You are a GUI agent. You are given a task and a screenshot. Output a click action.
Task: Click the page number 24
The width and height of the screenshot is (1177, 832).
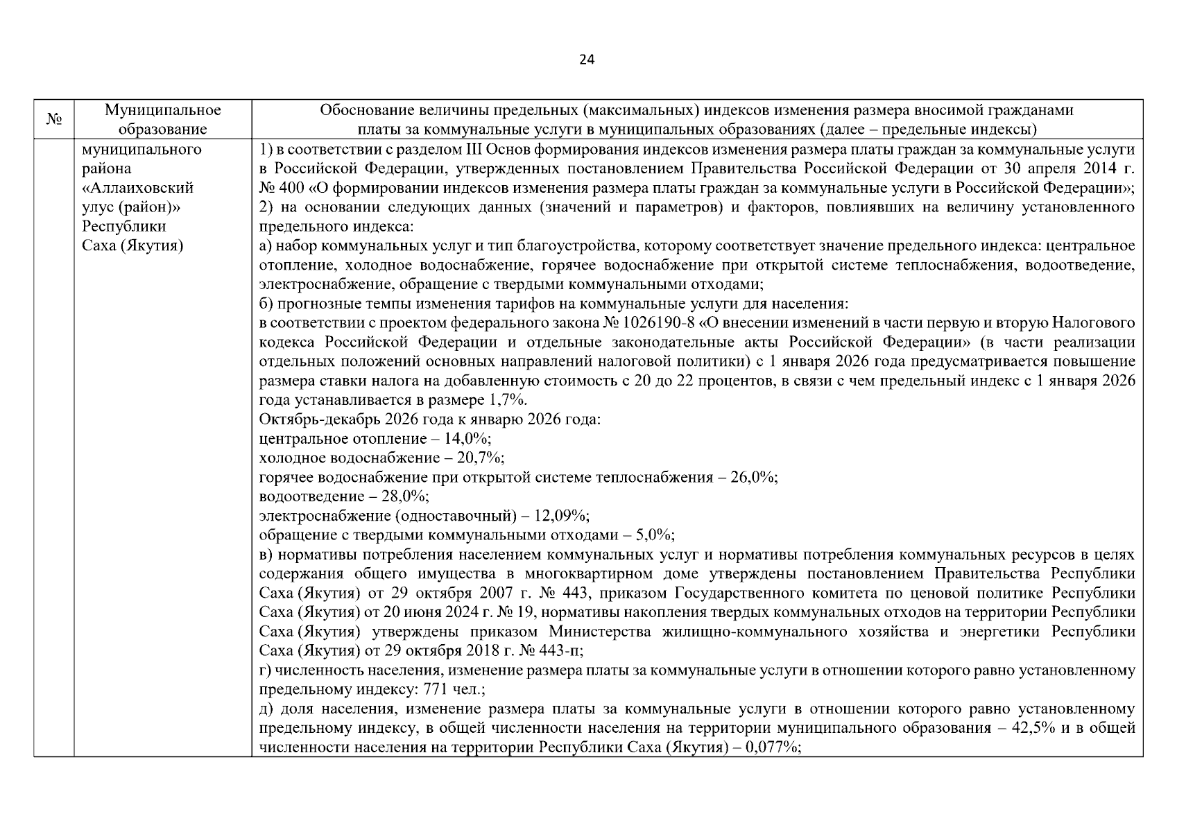coord(586,60)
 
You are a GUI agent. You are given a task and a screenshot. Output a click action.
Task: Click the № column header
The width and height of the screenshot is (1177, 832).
coord(54,120)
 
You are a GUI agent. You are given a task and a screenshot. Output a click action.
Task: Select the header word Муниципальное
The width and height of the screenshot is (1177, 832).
coord(162,110)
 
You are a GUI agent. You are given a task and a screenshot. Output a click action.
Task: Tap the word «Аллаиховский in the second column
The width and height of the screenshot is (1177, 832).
coord(137,188)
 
